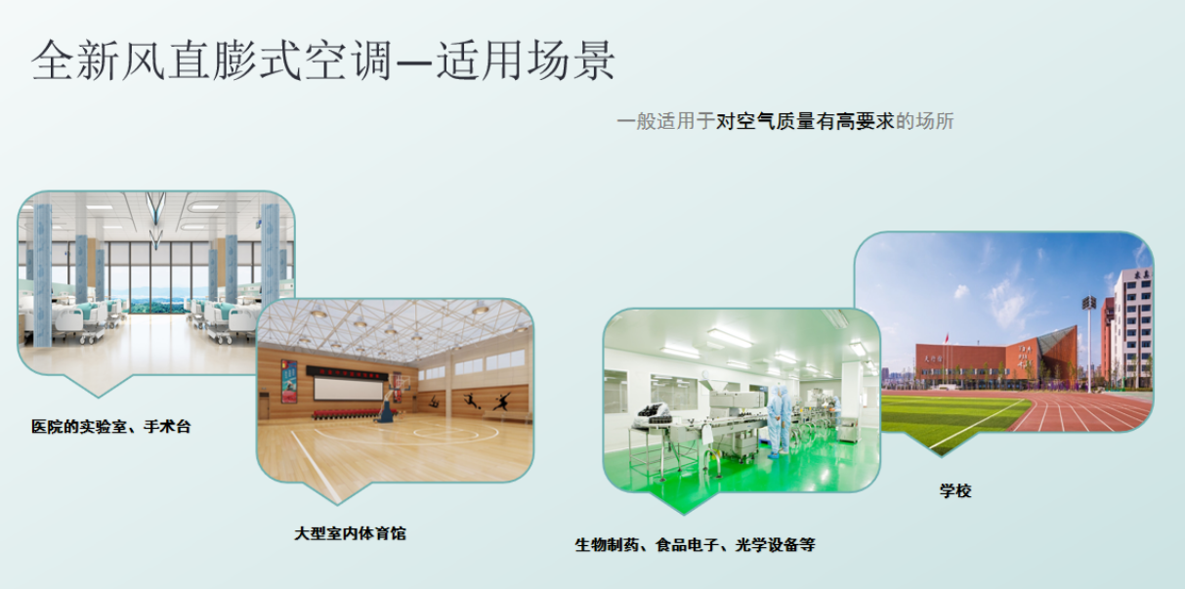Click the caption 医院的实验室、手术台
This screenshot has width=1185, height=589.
110,426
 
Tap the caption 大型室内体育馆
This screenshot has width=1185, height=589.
350,533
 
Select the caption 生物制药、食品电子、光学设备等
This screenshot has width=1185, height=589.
696,545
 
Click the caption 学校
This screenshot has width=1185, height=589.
955,490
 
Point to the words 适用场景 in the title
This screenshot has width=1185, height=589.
525,60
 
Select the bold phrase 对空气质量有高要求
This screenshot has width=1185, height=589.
805,121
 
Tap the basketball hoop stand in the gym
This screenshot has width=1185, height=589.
389,400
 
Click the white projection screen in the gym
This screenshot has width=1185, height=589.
348,389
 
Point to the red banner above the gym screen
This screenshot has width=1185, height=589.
347,372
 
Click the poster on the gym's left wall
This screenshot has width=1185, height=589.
289,380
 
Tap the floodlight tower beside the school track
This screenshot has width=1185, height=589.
1088,343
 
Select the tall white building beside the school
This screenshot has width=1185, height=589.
1131,329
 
